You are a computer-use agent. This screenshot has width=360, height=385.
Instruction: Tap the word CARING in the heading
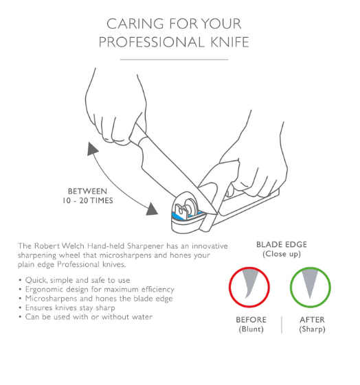tap(135, 24)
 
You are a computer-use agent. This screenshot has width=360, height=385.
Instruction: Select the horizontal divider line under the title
tap(174, 60)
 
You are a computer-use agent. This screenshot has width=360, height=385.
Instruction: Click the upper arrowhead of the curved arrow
tap(92, 148)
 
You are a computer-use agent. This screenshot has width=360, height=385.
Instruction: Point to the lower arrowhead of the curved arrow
tap(152, 209)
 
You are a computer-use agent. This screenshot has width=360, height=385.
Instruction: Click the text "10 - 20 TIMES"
tap(88, 200)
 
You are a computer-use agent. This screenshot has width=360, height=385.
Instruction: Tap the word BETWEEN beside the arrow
tap(87, 191)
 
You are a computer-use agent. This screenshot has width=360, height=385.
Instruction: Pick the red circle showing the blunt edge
tap(229, 288)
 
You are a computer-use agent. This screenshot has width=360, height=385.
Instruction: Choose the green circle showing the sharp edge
tap(291, 288)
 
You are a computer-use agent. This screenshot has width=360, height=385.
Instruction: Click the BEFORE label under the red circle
tap(251, 320)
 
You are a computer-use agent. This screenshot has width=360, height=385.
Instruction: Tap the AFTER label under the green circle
tap(312, 320)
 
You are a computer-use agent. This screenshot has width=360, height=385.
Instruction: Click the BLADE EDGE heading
tap(282, 244)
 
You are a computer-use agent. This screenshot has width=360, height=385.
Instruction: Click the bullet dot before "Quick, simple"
tap(20, 280)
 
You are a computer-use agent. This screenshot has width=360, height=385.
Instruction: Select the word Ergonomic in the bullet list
tap(45, 290)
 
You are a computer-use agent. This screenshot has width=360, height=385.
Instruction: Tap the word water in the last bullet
tap(141, 317)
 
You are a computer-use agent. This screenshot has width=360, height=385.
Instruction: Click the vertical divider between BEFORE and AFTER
tap(282, 325)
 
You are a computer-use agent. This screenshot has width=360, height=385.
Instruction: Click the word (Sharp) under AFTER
tap(312, 329)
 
